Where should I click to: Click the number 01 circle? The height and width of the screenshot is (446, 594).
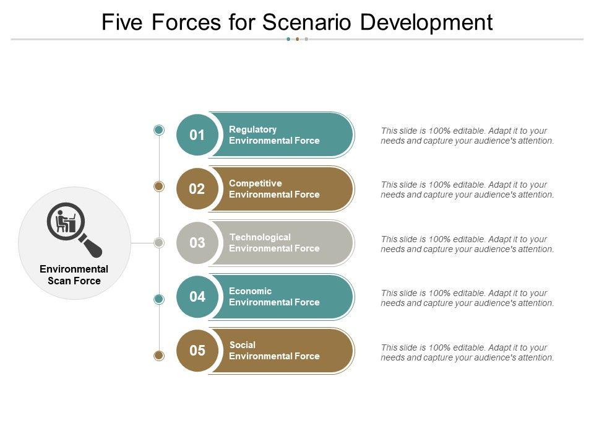(197, 134)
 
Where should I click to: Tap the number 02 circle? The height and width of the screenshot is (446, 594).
(197, 188)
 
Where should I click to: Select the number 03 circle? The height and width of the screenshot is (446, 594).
(197, 242)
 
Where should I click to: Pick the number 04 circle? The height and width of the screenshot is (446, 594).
(197, 297)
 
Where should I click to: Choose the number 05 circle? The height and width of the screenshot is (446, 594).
(197, 351)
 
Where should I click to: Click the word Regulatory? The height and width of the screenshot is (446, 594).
(252, 129)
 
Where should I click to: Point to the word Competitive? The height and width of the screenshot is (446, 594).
(256, 183)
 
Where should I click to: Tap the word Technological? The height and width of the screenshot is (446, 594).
(260, 237)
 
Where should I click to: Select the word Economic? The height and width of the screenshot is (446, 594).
(250, 291)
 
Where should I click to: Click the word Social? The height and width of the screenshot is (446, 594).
(243, 345)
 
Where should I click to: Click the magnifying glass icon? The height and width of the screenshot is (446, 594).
(74, 230)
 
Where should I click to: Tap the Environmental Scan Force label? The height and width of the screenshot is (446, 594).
(74, 274)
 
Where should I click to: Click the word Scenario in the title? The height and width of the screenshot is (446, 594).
(307, 22)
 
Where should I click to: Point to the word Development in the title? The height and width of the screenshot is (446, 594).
(426, 23)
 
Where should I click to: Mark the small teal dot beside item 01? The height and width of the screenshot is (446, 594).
(159, 130)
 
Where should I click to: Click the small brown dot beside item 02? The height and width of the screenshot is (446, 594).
(159, 186)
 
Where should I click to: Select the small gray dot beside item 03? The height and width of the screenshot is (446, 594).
(159, 243)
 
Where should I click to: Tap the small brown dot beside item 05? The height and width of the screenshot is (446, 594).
(159, 356)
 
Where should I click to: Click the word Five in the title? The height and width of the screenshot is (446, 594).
(122, 22)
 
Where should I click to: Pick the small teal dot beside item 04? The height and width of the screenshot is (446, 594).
(159, 299)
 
